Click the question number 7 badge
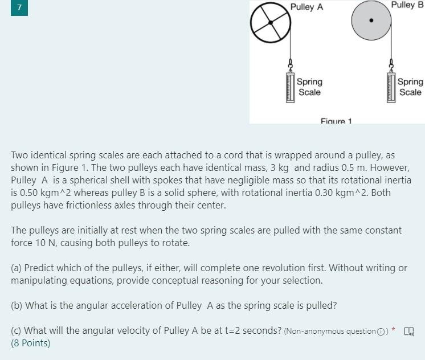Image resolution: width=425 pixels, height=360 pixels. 19,8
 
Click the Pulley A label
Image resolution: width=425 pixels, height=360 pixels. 307,7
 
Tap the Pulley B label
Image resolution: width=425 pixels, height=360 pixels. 407,5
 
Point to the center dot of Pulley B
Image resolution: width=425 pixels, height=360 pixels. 371,21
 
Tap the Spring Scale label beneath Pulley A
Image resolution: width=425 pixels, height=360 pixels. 309,87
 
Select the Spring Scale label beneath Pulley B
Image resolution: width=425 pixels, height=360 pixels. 410,87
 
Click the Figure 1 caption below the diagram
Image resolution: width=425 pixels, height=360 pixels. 336,121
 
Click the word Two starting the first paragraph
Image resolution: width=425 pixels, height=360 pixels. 19,155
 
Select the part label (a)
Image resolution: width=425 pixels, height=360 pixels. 17,268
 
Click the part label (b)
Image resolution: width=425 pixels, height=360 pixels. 17,305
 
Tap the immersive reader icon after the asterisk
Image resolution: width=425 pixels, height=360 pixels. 409,331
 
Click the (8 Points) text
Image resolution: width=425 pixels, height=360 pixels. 31,343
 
